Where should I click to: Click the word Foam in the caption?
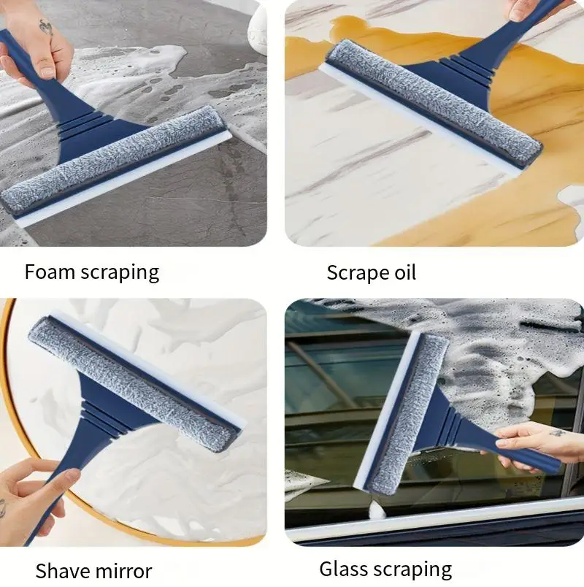pyautogui.click(x=50, y=272)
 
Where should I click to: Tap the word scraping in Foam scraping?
pyautogui.click(x=120, y=274)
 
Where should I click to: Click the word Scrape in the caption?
pyautogui.click(x=356, y=273)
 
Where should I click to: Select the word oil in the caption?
pyautogui.click(x=403, y=272)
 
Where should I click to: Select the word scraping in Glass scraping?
pyautogui.click(x=414, y=569)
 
